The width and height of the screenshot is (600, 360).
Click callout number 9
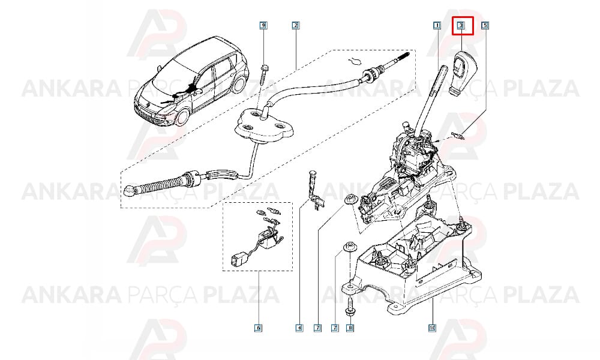click(263, 26)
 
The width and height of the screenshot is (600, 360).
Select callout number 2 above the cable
click(295, 26)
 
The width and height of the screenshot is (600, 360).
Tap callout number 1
click(437, 26)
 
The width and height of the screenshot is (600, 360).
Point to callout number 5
click(485, 26)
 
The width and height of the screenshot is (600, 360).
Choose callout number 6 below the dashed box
click(258, 328)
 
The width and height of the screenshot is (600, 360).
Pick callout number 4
click(299, 328)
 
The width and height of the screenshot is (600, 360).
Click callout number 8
click(349, 328)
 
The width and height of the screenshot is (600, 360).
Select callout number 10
click(432, 328)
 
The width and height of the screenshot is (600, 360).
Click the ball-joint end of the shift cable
click(130, 189)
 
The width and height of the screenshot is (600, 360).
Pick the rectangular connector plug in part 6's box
click(235, 259)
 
